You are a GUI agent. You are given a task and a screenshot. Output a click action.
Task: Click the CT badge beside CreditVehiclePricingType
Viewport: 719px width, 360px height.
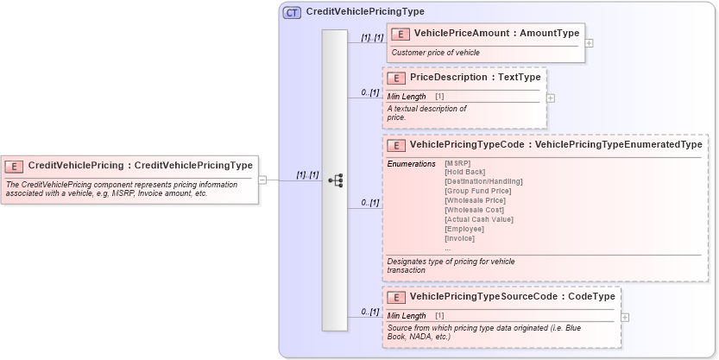[x=292, y=12]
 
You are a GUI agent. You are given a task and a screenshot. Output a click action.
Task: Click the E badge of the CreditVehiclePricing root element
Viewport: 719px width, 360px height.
[x=15, y=166]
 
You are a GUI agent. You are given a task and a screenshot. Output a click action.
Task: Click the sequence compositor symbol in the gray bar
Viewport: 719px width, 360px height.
[x=336, y=180]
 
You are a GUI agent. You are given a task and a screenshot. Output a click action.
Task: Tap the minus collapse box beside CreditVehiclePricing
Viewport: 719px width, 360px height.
[x=262, y=180]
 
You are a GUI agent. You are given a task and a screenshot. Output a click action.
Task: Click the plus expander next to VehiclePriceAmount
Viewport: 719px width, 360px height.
[x=589, y=42]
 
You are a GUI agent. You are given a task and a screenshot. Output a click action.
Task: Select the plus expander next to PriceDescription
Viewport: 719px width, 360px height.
[x=551, y=98]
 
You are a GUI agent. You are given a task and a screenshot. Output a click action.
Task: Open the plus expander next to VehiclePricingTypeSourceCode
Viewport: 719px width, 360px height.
[x=625, y=317]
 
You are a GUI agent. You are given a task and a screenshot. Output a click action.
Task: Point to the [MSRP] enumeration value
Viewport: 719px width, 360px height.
[x=457, y=163]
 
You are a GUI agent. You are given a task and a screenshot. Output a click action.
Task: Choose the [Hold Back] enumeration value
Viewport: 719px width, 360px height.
[x=464, y=173]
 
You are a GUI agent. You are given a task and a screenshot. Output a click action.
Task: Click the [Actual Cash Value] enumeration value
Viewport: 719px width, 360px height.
[x=479, y=219]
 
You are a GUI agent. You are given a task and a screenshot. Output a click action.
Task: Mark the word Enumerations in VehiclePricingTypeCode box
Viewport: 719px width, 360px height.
[x=411, y=163]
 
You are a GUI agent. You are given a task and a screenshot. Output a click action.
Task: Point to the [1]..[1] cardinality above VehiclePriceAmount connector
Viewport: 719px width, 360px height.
[x=372, y=38]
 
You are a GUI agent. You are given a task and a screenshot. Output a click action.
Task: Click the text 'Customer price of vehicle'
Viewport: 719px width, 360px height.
[x=435, y=53]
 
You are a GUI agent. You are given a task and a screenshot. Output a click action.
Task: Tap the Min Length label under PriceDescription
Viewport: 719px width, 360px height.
[x=407, y=96]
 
